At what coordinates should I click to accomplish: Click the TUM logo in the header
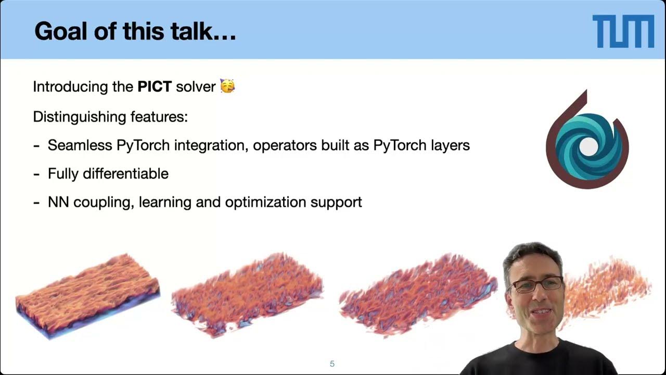(x=623, y=31)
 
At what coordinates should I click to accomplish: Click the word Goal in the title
(x=58, y=31)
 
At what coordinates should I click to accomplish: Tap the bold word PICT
(x=155, y=86)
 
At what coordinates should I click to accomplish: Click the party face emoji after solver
(x=227, y=86)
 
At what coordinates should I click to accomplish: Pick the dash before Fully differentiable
(x=36, y=173)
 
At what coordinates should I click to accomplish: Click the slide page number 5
(x=332, y=364)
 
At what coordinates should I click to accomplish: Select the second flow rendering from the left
(x=247, y=294)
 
